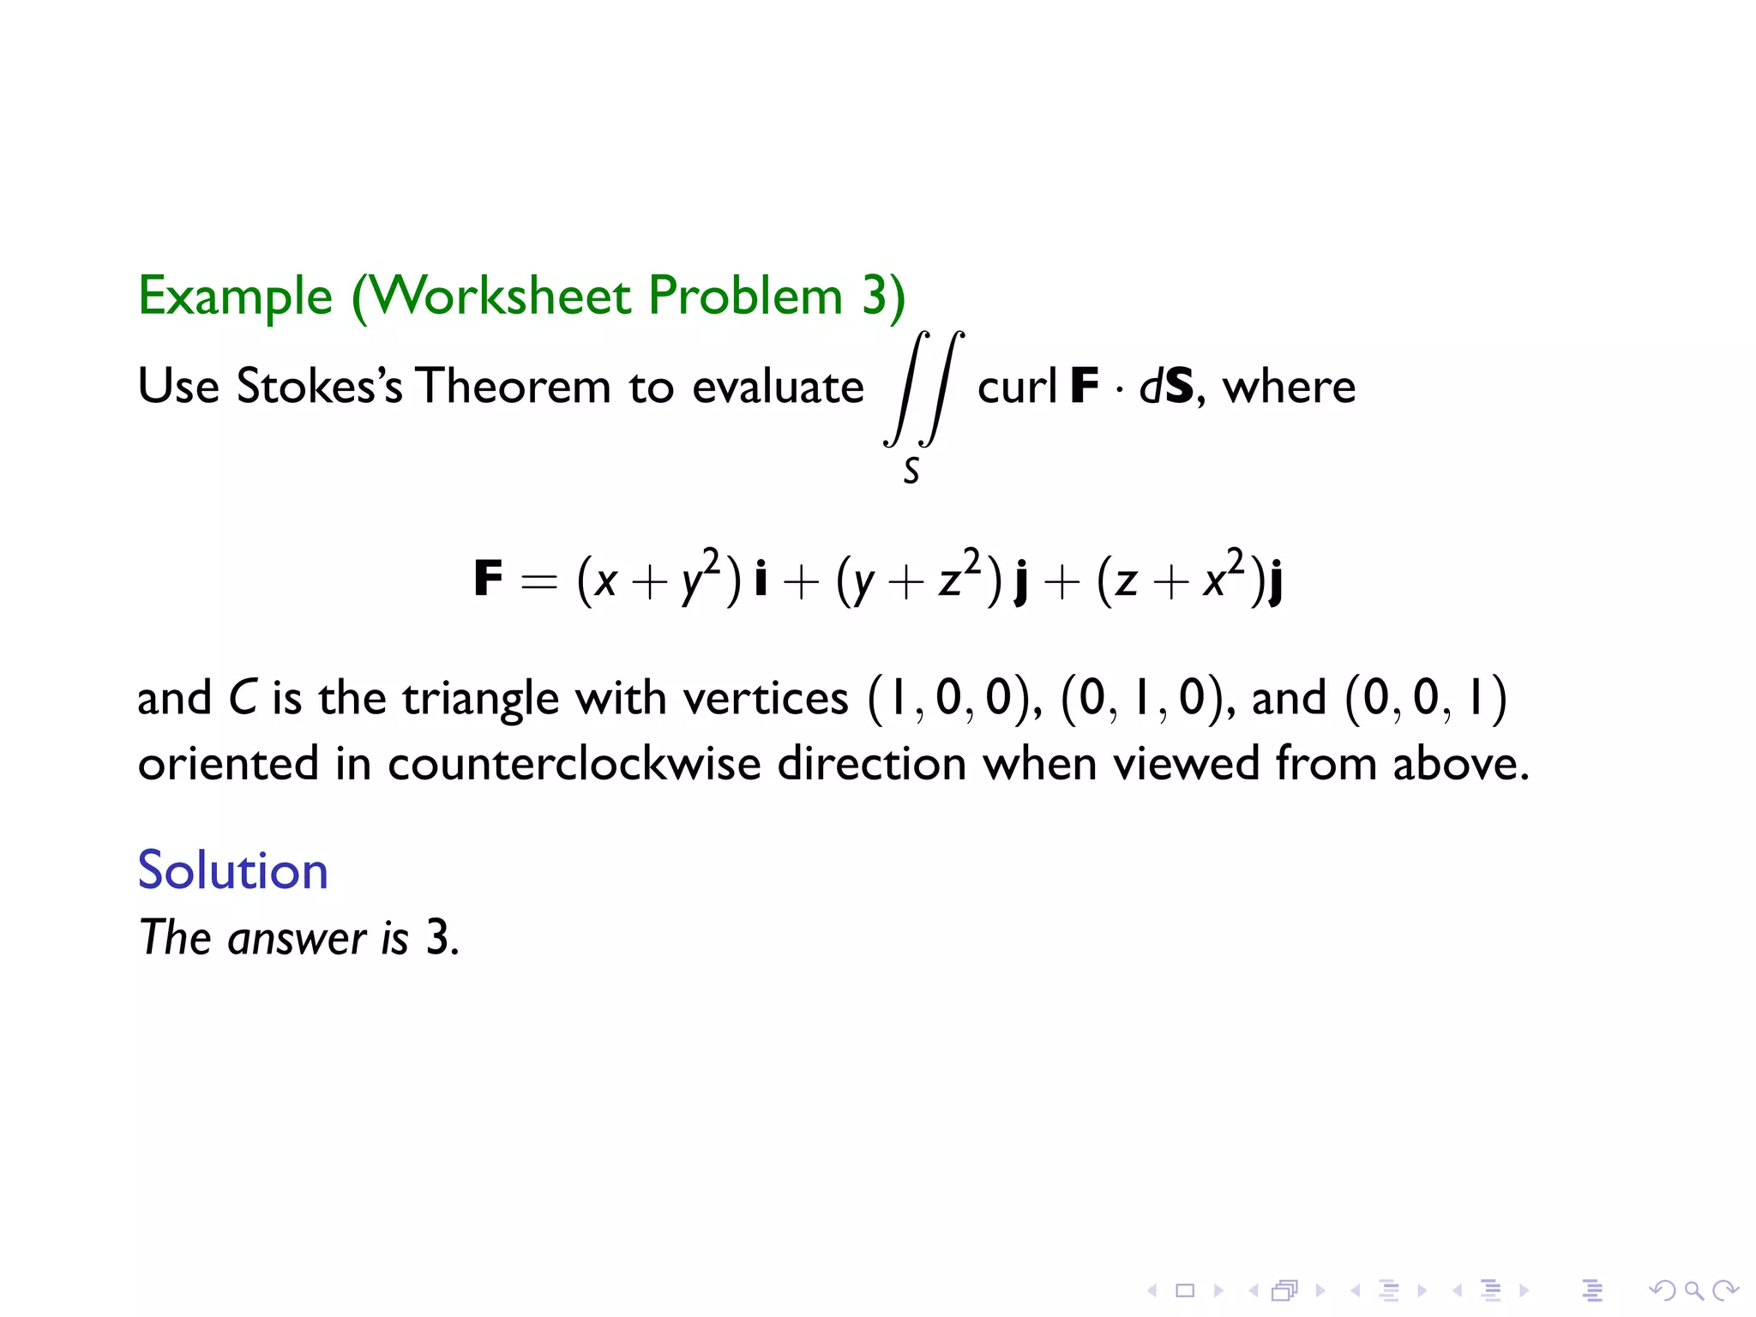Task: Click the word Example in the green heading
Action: tap(235, 297)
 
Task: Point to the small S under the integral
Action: tap(911, 471)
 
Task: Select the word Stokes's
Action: tap(319, 387)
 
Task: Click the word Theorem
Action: tap(513, 387)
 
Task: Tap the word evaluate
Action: tap(778, 387)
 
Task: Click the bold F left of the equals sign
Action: tap(488, 579)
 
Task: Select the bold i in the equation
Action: tap(761, 579)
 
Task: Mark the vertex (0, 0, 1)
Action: tap(1425, 698)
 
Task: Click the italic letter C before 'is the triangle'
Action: tap(242, 698)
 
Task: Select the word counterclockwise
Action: tap(574, 763)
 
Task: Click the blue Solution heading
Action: tap(233, 870)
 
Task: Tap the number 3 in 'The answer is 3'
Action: tap(438, 937)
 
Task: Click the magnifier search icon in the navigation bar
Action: tap(1693, 1290)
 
